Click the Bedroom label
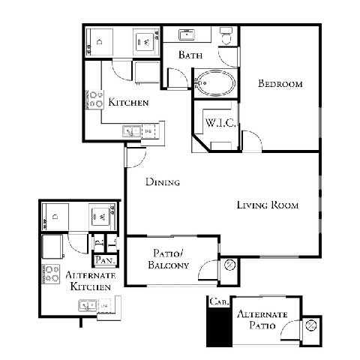click(x=280, y=84)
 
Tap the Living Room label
click(x=268, y=205)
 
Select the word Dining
click(x=163, y=181)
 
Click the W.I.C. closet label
click(x=221, y=123)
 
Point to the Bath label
click(x=189, y=55)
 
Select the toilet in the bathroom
click(x=226, y=36)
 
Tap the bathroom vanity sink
click(x=186, y=34)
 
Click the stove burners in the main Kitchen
click(x=94, y=100)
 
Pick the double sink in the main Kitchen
click(x=132, y=132)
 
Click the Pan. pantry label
click(x=103, y=260)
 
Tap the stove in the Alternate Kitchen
click(x=51, y=274)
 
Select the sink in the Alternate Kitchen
click(x=88, y=305)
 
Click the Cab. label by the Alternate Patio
click(x=217, y=301)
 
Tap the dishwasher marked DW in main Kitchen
click(x=148, y=132)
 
